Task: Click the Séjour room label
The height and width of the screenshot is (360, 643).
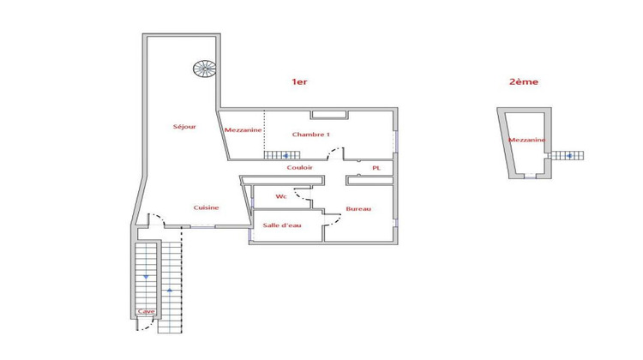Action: tap(184, 127)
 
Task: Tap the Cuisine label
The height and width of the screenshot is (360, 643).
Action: tap(206, 207)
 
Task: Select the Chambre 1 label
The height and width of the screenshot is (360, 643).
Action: tap(310, 135)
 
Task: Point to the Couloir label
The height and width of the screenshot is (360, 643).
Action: tap(300, 168)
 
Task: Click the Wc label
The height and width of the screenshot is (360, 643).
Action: tap(280, 197)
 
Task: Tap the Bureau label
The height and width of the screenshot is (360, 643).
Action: tap(358, 209)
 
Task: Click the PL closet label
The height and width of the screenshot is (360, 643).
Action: tap(376, 168)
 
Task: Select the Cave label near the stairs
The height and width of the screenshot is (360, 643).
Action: tap(146, 312)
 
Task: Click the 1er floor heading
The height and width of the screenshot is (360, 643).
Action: tap(299, 82)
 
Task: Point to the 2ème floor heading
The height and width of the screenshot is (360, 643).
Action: tap(525, 82)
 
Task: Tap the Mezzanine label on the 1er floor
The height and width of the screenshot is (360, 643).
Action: tap(243, 130)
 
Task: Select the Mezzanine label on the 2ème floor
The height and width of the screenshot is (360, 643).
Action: tap(526, 140)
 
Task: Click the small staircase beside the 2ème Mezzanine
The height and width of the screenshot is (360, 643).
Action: tap(566, 155)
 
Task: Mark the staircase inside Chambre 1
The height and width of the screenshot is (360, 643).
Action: tap(276, 155)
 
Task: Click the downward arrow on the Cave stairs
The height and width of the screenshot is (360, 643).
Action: tap(147, 277)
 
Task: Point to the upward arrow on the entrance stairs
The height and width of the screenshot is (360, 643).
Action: tap(171, 290)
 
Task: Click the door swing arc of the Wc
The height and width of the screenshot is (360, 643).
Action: tap(302, 197)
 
